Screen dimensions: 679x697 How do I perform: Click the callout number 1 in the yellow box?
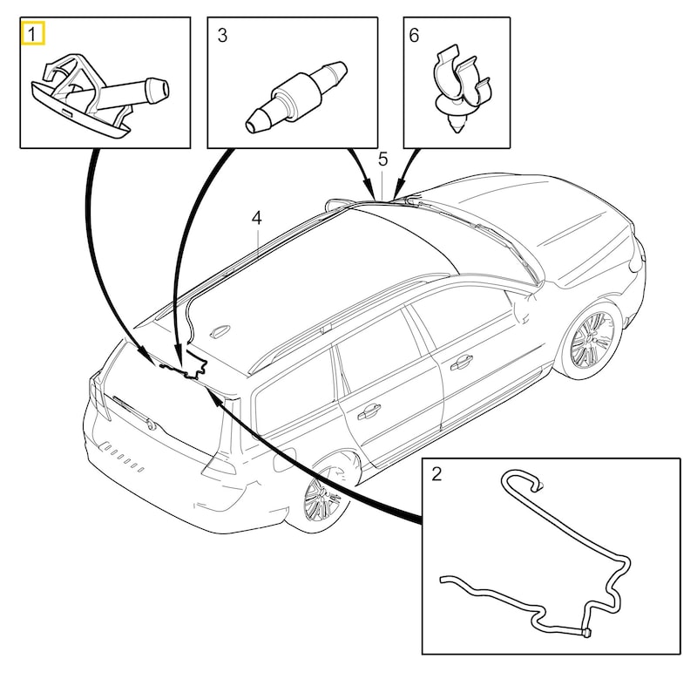pos(32,35)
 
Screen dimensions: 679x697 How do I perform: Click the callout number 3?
pos(222,35)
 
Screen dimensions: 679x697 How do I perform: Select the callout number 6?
pos(414,35)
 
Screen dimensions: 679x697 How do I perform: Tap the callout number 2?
pos(436,474)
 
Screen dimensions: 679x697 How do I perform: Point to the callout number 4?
pos(256,217)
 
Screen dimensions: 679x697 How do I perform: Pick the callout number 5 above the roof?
pos(382,159)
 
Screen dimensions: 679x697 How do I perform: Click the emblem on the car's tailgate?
pos(153,425)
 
